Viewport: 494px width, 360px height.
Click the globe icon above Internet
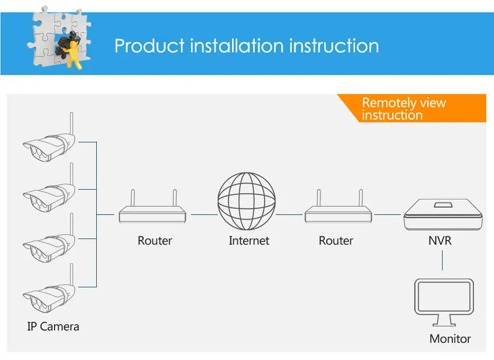246,201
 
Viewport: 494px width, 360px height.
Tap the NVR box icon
443,215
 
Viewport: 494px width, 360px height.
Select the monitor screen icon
444,302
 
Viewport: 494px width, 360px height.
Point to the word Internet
249,241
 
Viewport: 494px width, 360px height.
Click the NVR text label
440,241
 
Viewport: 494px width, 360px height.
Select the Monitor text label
450,339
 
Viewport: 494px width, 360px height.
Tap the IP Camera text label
53,327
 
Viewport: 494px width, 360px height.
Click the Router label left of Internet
154,241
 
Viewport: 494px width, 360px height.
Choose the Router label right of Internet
336,241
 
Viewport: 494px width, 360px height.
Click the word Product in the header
149,46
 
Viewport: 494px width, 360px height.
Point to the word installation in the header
237,46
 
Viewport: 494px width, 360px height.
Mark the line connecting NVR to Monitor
443,260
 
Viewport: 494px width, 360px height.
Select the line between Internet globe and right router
289,215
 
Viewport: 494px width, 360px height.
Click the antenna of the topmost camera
72,123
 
